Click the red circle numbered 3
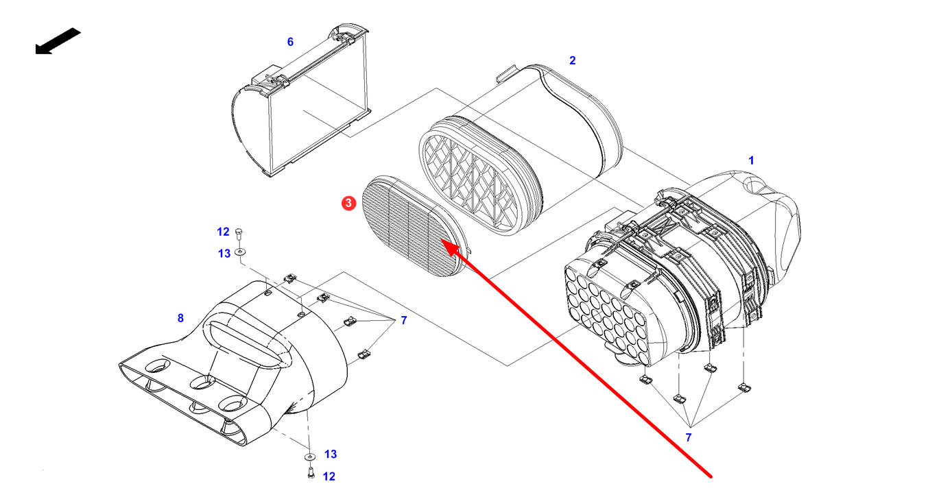[349, 203]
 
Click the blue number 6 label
[290, 42]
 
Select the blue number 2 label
[573, 60]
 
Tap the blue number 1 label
[751, 160]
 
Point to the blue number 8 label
[180, 318]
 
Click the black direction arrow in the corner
[58, 41]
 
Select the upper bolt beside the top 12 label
[239, 233]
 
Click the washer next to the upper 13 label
[239, 253]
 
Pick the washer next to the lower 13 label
[309, 456]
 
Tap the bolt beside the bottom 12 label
[309, 472]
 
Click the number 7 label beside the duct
[403, 320]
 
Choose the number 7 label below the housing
[689, 437]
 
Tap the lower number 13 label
[331, 454]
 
